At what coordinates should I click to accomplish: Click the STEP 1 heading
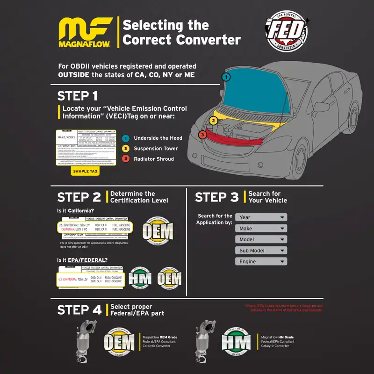click(x=78, y=96)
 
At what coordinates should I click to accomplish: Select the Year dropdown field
click(x=261, y=217)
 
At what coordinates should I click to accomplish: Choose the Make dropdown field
click(x=261, y=228)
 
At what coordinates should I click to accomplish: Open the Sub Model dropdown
click(x=261, y=251)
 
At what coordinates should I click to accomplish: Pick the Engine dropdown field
click(x=261, y=262)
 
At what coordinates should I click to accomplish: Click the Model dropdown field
click(x=261, y=239)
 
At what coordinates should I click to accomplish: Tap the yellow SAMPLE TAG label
click(x=85, y=172)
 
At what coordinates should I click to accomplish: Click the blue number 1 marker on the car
click(x=226, y=77)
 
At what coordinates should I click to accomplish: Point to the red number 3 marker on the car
click(x=202, y=135)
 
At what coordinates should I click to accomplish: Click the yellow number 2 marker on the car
click(x=213, y=121)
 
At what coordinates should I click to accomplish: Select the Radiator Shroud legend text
click(x=154, y=159)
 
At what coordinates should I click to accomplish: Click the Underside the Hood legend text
click(x=158, y=138)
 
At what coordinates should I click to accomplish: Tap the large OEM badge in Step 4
click(x=120, y=343)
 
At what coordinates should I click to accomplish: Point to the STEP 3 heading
click(x=216, y=197)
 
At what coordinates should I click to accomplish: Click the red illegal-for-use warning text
click(x=284, y=308)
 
